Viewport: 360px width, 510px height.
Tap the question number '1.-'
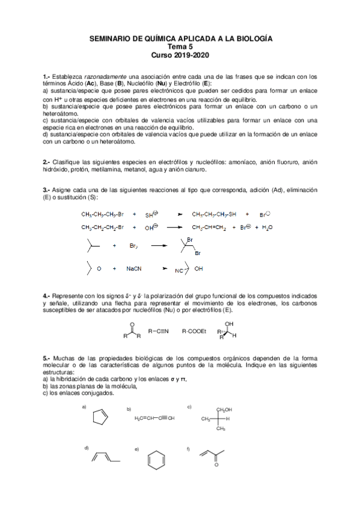click(47, 76)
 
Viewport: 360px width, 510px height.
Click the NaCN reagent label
click(134, 269)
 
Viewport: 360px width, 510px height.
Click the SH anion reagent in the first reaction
click(150, 214)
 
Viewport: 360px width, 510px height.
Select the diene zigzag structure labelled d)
click(105, 458)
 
